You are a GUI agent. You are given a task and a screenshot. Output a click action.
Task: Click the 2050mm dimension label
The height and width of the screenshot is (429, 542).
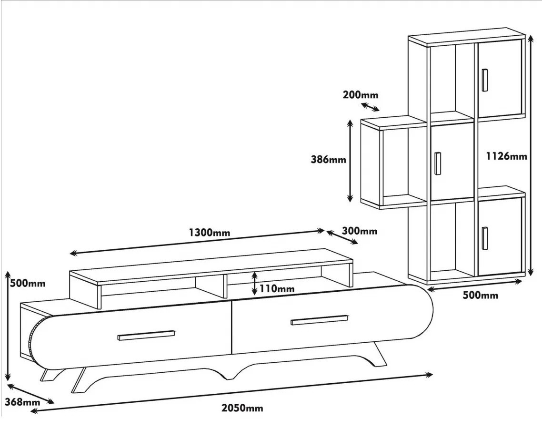[x=242, y=408]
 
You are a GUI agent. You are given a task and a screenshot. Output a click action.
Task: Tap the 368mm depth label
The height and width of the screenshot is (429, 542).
[x=22, y=402]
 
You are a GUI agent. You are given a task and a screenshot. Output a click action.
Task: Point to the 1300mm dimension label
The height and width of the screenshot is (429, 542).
[x=210, y=233]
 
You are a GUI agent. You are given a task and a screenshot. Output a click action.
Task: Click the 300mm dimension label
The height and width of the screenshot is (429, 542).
[x=360, y=231]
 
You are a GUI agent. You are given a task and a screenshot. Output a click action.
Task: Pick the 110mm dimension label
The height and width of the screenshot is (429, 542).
[x=277, y=288]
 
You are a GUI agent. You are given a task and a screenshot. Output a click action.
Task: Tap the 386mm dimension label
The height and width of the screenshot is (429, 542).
[x=328, y=160]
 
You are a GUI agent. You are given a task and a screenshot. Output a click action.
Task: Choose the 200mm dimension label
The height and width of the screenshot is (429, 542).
[x=360, y=95]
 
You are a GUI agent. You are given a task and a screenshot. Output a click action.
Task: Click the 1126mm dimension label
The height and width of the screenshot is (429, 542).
[x=506, y=156]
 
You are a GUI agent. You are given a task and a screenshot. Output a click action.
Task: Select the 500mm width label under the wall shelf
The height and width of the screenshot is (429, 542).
[x=480, y=296]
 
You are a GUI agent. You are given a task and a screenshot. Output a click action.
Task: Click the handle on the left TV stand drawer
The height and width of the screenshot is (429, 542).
[x=146, y=336]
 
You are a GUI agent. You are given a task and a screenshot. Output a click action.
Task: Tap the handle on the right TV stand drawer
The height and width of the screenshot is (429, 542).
[x=320, y=319]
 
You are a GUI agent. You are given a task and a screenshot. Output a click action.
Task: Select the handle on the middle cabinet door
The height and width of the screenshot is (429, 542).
[x=438, y=163]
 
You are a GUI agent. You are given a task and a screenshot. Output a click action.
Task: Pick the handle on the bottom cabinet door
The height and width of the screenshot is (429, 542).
[x=484, y=237]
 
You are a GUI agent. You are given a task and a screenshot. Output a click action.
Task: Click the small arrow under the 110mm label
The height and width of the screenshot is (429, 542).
[x=255, y=283]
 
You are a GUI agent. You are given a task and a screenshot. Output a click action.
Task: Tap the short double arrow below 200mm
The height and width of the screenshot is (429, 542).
[x=370, y=106]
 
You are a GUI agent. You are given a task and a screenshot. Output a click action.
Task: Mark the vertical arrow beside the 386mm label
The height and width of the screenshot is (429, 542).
[x=350, y=161]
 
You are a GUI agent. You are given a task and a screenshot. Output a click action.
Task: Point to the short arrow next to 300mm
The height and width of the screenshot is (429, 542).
[x=342, y=237]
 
